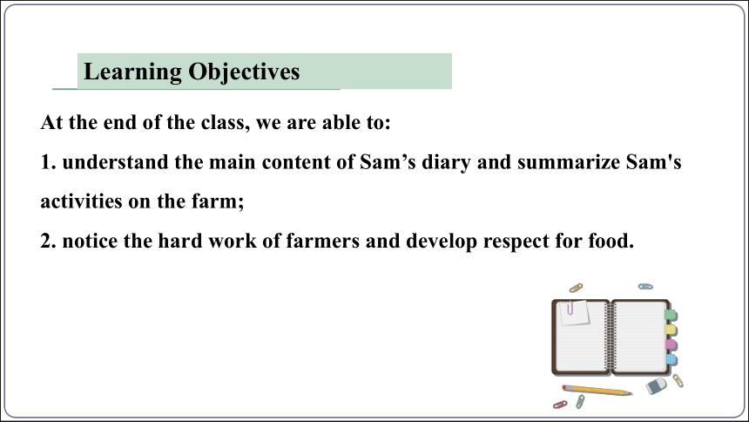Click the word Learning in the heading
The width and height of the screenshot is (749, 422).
[x=132, y=72]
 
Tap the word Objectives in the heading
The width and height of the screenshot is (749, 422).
[x=244, y=72]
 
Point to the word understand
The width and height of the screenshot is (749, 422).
[x=115, y=161]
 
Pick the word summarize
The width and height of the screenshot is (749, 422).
[x=569, y=161]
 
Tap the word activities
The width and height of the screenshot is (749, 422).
[x=81, y=201]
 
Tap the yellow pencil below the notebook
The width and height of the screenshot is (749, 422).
[x=597, y=391]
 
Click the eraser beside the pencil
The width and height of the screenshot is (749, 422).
[x=657, y=385]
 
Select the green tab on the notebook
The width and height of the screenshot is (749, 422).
[x=671, y=315]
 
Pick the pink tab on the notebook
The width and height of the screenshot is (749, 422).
[x=671, y=344]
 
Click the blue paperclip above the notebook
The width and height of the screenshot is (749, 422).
[x=645, y=287]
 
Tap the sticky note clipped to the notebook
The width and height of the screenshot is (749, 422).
[x=575, y=313]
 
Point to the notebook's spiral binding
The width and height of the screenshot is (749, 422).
[x=610, y=337]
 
